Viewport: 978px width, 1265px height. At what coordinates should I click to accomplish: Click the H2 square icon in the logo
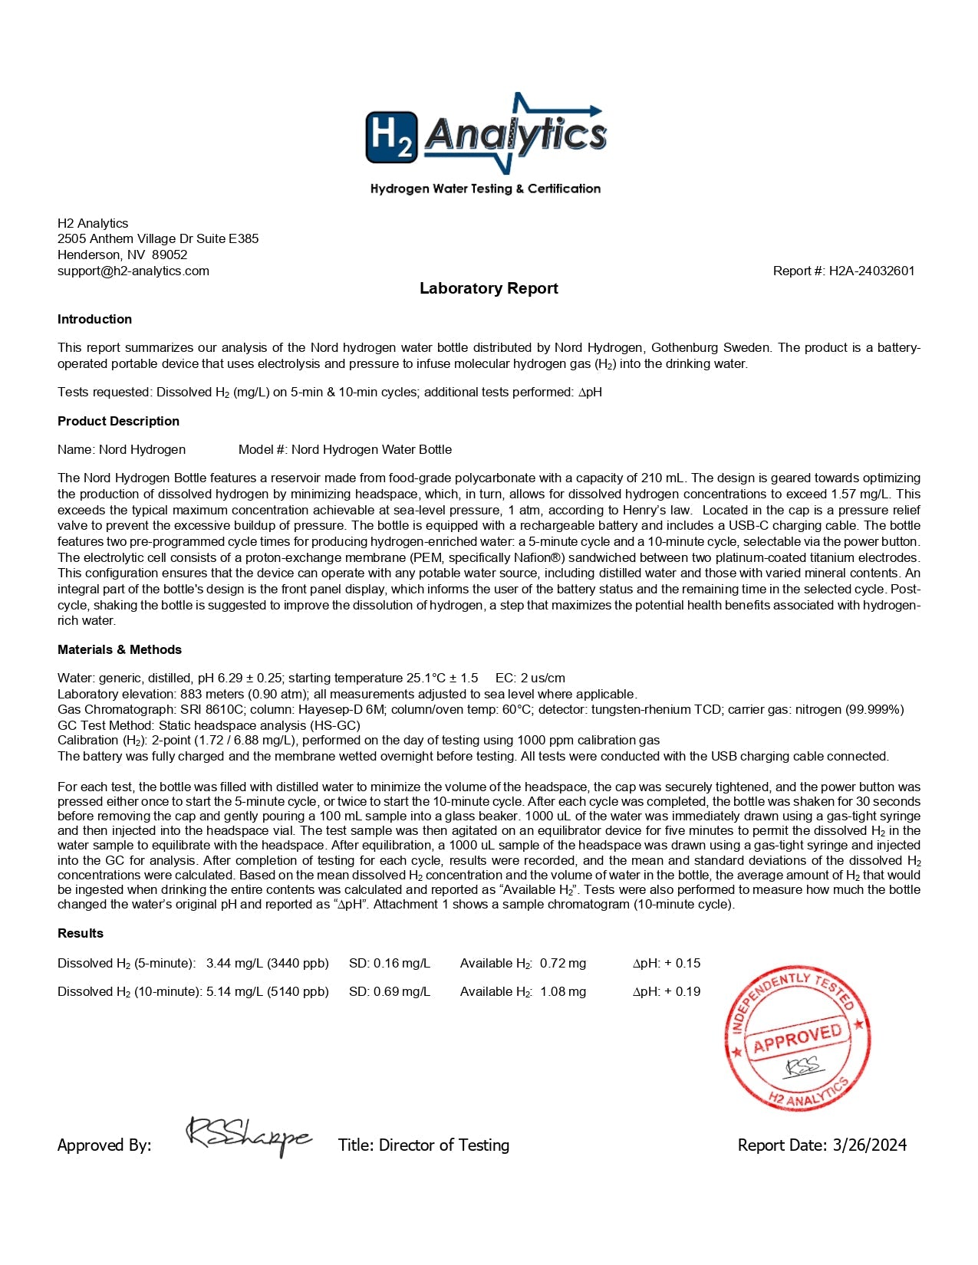[x=392, y=137]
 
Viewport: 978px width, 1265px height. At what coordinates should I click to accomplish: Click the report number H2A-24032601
[x=871, y=271]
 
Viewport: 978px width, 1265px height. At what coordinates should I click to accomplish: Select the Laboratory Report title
[x=489, y=288]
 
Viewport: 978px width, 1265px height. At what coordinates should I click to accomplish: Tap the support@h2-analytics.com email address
[x=133, y=271]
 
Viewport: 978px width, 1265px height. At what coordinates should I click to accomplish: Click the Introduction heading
[x=94, y=319]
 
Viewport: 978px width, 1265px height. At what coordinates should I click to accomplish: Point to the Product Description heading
[x=118, y=421]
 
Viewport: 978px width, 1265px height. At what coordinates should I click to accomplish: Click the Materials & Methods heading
[x=120, y=649]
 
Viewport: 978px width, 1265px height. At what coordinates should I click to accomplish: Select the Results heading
[x=81, y=933]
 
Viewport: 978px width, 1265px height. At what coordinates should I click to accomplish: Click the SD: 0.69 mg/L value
[x=390, y=991]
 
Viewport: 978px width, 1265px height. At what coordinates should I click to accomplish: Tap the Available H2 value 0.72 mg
[x=562, y=963]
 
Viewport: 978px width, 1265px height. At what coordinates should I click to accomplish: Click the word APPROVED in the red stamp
[x=798, y=1037]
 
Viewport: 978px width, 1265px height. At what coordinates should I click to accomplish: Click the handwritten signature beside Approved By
[x=249, y=1135]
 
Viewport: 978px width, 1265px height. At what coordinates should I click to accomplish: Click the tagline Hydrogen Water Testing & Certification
[x=485, y=189]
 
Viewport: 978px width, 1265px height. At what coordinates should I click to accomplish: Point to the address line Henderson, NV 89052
[x=123, y=255]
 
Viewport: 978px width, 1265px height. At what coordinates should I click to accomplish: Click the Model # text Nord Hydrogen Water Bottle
[x=371, y=449]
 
